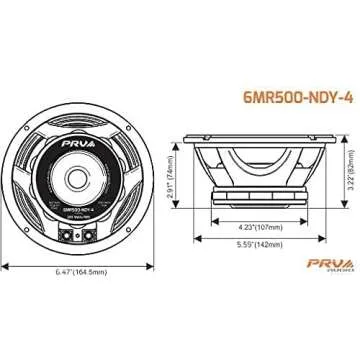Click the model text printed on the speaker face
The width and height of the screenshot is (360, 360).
pos(76,197)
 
